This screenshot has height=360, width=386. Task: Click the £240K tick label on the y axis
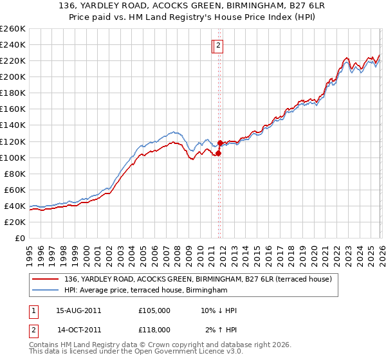(x=12, y=44)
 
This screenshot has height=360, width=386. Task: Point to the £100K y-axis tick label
(x=12, y=157)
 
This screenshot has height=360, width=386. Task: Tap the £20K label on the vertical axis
(x=14, y=222)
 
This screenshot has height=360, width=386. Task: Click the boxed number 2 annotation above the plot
(x=219, y=46)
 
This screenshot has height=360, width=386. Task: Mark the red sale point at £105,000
(x=218, y=153)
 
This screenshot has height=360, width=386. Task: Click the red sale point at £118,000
(x=220, y=143)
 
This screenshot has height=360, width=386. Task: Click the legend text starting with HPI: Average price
(x=146, y=291)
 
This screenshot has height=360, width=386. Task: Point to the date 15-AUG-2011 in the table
(x=79, y=310)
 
